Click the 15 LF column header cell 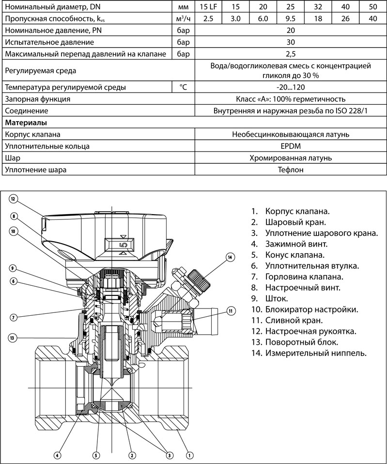208,6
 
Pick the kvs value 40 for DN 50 373,18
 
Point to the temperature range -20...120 291,88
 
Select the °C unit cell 183,88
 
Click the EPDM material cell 291,146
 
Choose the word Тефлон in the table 291,170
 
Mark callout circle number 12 14,199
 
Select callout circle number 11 231,310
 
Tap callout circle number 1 190,455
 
